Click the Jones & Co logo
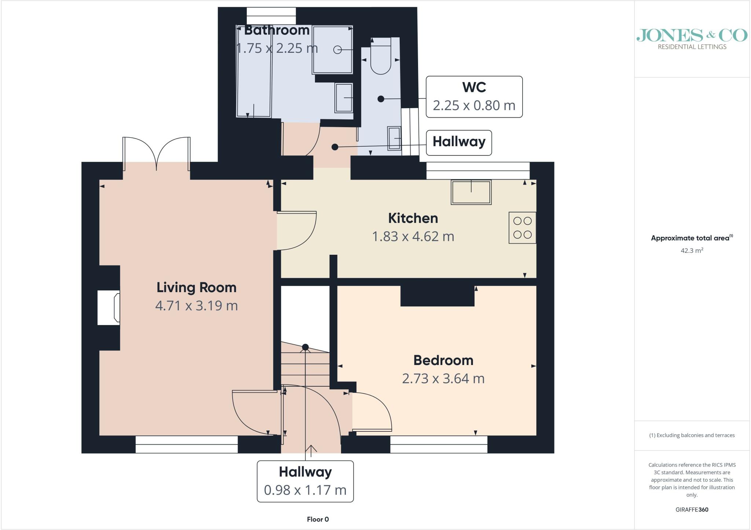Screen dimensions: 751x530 (692, 39)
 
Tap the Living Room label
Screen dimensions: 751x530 (197, 287)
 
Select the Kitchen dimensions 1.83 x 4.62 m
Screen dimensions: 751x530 (413, 236)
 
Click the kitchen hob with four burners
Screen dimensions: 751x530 (522, 228)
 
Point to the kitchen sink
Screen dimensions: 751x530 (471, 192)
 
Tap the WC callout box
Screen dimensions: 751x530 (474, 97)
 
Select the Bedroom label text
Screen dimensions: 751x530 (443, 360)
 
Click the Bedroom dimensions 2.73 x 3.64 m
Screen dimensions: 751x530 (443, 378)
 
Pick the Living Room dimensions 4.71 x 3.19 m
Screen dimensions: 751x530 (197, 306)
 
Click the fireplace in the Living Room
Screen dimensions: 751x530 (109, 308)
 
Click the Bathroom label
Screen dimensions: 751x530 (277, 30)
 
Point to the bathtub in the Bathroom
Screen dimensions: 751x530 (254, 71)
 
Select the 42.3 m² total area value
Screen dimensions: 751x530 (692, 251)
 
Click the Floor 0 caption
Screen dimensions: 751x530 (318, 519)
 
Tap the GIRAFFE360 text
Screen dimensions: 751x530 (692, 509)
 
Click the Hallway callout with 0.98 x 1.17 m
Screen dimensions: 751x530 (305, 481)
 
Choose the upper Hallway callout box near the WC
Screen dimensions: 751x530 (459, 143)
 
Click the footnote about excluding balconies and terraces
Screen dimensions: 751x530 (692, 435)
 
